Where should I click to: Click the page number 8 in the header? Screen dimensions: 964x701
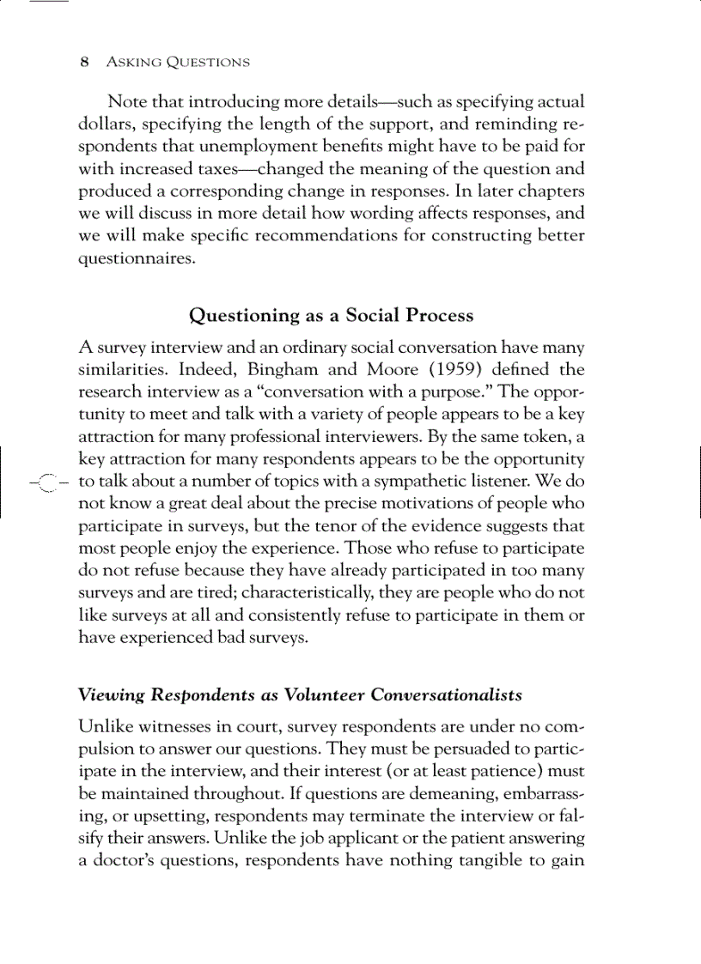coord(83,62)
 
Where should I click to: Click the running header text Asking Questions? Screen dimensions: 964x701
coord(177,62)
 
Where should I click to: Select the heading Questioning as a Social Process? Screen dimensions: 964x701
coord(331,315)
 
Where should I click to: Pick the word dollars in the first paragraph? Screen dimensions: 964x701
coord(103,124)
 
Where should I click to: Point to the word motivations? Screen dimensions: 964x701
coord(399,503)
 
